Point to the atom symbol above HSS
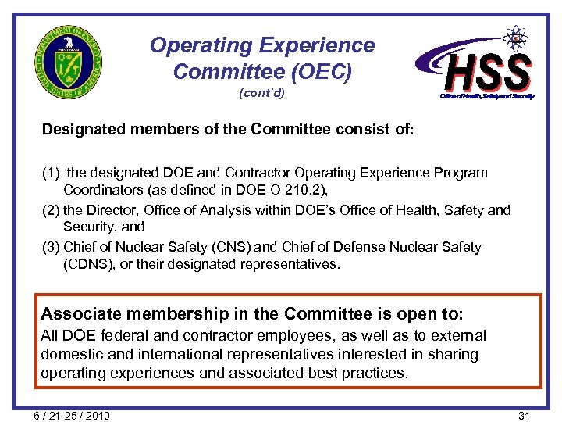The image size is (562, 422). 515,38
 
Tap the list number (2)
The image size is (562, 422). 52,209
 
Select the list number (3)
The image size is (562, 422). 52,247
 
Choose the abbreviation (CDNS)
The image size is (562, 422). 86,264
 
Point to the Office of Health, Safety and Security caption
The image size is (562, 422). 487,96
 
